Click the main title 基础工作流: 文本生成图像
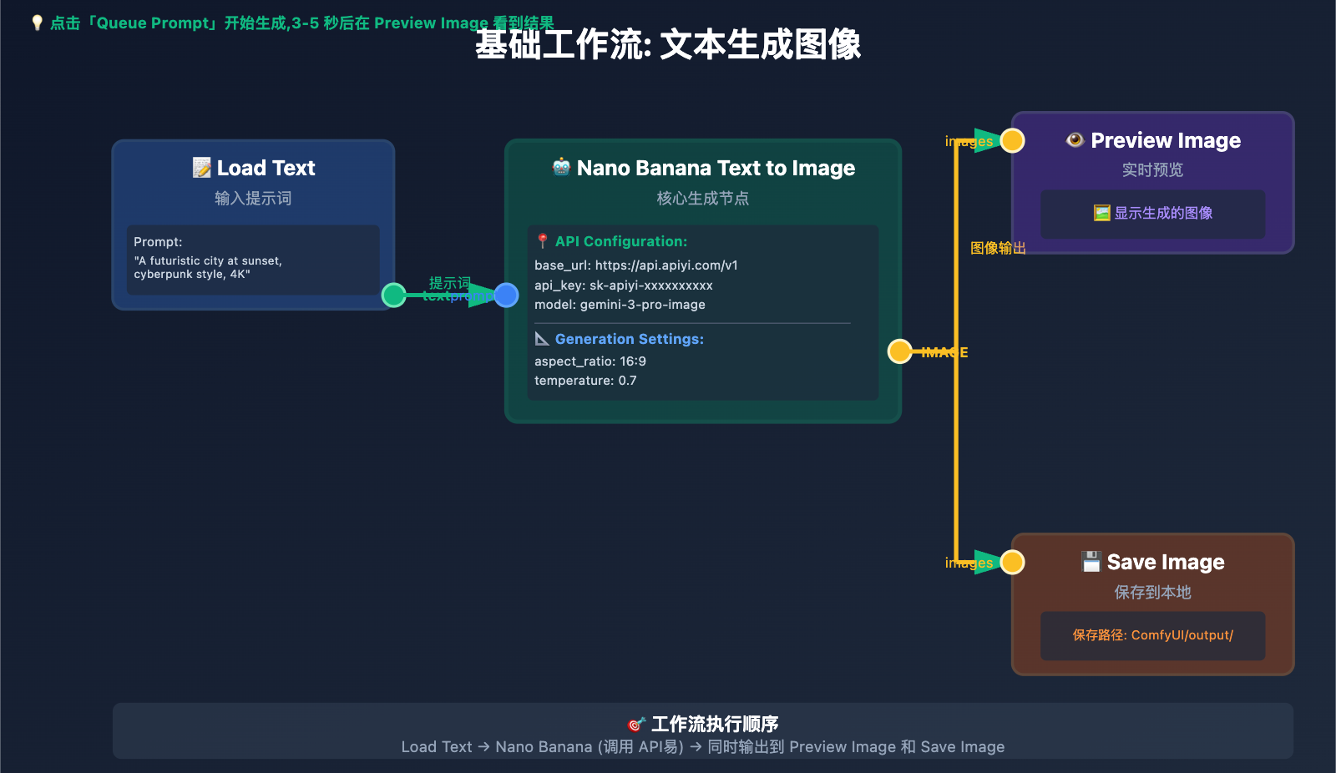coord(668,45)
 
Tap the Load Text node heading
coord(254,168)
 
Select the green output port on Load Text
coord(393,295)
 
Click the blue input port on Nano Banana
coord(506,295)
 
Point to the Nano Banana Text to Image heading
coord(703,168)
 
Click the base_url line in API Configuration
coord(636,265)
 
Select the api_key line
coord(624,285)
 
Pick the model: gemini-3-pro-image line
coord(620,305)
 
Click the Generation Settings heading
coord(629,339)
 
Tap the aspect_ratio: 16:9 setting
coord(590,361)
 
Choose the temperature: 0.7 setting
coord(585,381)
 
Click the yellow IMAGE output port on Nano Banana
coord(899,351)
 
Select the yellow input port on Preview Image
coord(1012,141)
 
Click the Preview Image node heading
coord(1153,140)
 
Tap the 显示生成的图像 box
coord(1153,214)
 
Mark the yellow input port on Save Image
coord(1012,563)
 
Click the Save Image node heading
coord(1153,562)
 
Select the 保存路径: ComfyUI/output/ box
coord(1153,635)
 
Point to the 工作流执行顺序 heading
coord(703,724)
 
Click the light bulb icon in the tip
coord(37,23)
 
